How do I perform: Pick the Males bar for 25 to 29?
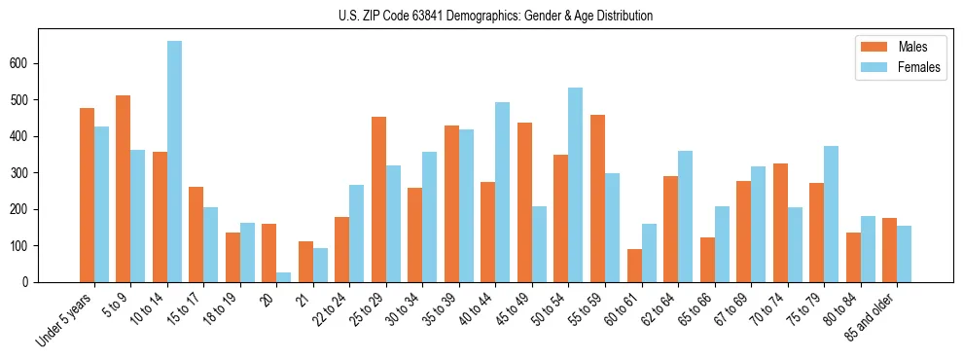coord(378,199)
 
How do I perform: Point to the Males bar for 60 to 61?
coord(634,266)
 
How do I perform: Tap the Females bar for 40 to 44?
coord(503,193)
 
